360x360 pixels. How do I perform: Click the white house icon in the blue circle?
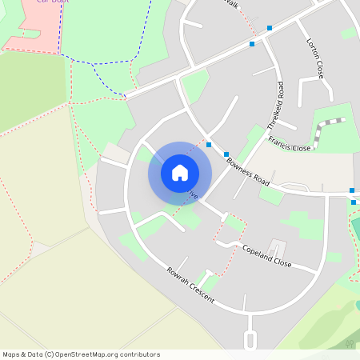(180, 172)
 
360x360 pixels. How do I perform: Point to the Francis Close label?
(289, 143)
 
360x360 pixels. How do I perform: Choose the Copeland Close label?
(266, 256)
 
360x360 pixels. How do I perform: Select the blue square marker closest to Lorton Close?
(270, 28)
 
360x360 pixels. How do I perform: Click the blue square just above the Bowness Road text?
(226, 154)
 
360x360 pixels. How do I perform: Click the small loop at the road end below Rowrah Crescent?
(250, 342)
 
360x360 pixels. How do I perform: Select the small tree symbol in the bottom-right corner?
(350, 343)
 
